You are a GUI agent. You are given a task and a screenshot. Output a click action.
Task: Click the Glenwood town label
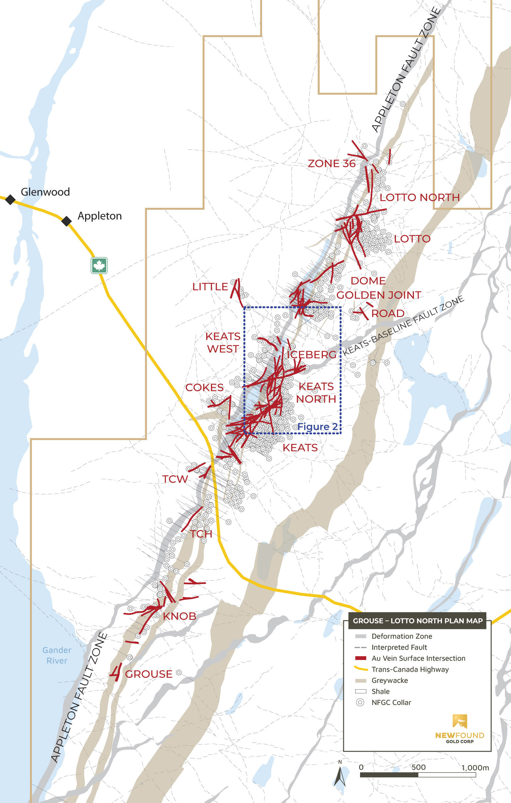pyautogui.click(x=45, y=192)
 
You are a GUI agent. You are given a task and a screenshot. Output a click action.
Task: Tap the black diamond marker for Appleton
pyautogui.click(x=67, y=221)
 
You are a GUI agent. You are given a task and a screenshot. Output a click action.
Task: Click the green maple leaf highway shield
pyautogui.click(x=99, y=265)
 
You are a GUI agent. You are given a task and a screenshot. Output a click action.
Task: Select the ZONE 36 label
pyautogui.click(x=331, y=163)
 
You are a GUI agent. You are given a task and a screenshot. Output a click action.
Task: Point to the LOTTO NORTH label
pyautogui.click(x=419, y=198)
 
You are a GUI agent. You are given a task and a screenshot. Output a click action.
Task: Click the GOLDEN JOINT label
pyautogui.click(x=379, y=295)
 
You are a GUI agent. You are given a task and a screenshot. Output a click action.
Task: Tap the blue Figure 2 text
pyautogui.click(x=317, y=427)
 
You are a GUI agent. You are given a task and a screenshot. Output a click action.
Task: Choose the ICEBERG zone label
pyautogui.click(x=312, y=355)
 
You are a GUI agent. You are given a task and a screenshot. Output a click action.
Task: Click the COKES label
pyautogui.click(x=205, y=387)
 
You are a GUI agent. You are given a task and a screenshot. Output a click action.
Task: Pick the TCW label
pyautogui.click(x=175, y=479)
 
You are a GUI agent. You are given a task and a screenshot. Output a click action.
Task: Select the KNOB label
pyautogui.click(x=180, y=616)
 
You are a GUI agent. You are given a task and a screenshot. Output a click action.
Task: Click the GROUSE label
pyautogui.click(x=149, y=674)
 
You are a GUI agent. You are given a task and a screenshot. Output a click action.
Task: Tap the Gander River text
pyautogui.click(x=57, y=655)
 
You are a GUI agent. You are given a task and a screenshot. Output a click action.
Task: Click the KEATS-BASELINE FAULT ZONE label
pyautogui.click(x=403, y=326)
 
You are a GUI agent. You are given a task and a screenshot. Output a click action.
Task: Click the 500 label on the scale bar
pyautogui.click(x=418, y=767)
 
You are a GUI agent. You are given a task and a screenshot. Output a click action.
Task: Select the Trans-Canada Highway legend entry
pyautogui.click(x=410, y=669)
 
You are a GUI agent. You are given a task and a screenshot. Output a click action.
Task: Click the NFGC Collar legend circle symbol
pyautogui.click(x=360, y=702)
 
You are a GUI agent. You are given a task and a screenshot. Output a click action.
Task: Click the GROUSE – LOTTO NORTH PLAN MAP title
pyautogui.click(x=418, y=621)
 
